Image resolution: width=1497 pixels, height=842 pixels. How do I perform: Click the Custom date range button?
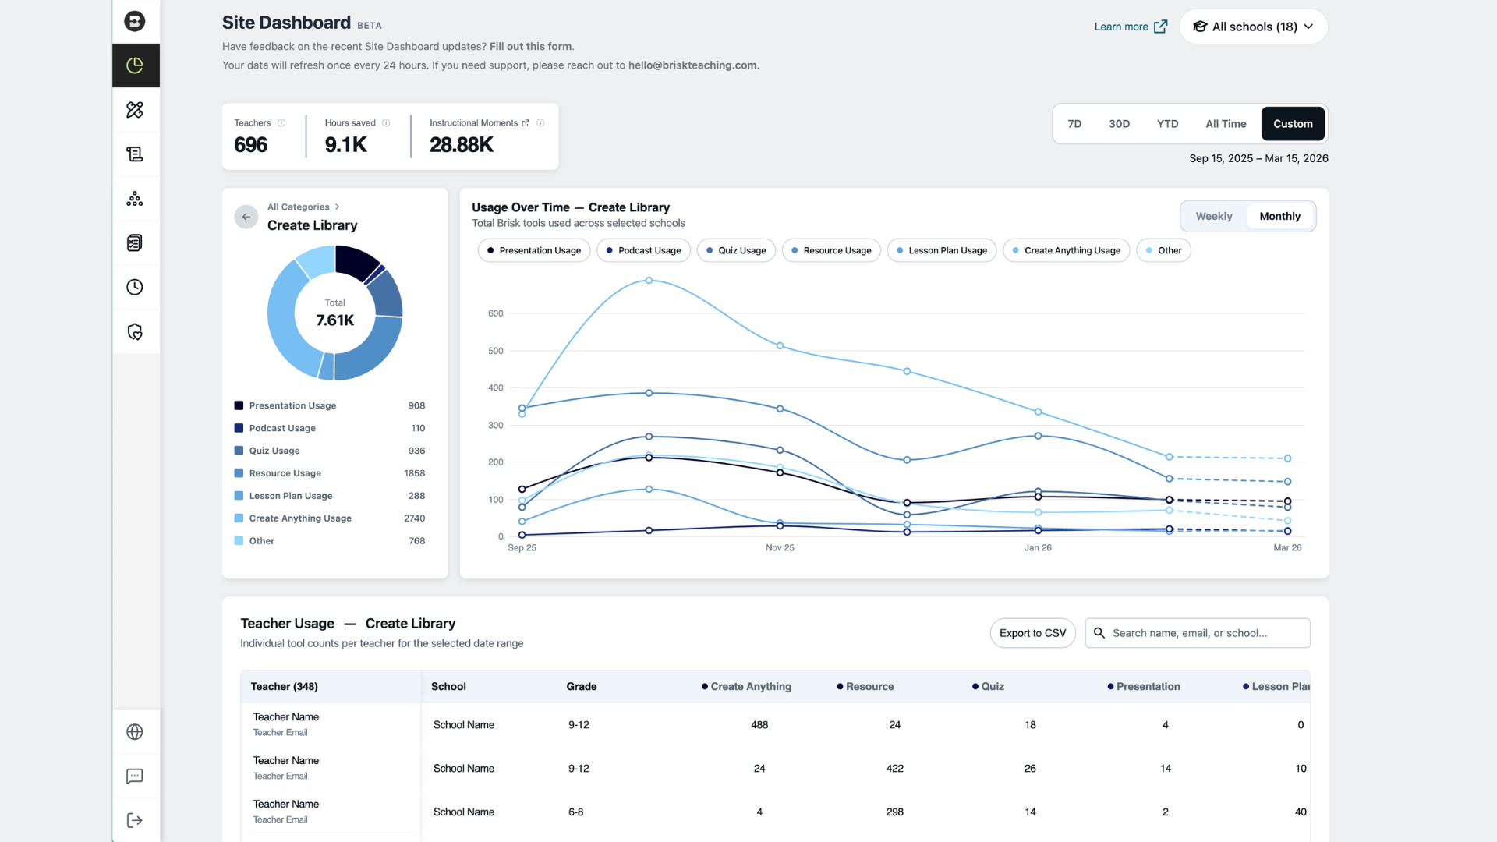(1293, 124)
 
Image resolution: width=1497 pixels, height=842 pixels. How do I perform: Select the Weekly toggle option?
(1214, 217)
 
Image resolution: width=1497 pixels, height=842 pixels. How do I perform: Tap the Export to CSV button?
(1032, 633)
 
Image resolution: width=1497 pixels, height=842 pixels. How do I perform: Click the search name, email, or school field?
(1198, 633)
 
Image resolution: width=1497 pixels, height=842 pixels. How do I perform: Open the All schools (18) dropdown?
(1253, 27)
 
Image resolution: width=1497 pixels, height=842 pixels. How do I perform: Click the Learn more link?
(1131, 27)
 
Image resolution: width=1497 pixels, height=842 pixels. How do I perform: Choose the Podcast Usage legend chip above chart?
(643, 250)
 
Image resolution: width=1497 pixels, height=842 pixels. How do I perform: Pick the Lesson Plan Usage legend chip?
(942, 250)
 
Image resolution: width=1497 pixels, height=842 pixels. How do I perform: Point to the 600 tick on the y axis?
(496, 313)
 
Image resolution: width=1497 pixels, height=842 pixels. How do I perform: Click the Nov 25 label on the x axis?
(780, 548)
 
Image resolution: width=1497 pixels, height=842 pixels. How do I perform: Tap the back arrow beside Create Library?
(246, 217)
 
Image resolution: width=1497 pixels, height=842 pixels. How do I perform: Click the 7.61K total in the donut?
(335, 320)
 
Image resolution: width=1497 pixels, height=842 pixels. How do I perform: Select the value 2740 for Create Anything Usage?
(415, 518)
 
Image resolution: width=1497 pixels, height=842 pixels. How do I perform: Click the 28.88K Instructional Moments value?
(462, 145)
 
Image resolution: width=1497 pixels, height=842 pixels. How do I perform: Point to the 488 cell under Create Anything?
(759, 725)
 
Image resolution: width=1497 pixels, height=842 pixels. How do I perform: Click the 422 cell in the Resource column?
(895, 769)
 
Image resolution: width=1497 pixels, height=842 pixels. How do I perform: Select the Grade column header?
(582, 687)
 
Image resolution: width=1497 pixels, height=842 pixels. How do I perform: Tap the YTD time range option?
(1167, 124)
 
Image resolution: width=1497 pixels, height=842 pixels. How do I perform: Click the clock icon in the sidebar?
(135, 288)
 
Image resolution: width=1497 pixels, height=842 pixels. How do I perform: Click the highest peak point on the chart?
(649, 281)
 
